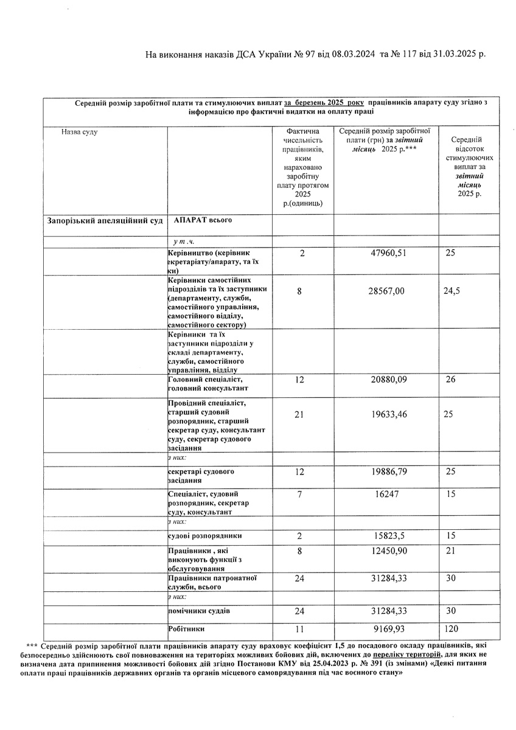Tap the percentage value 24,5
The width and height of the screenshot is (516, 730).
(451, 291)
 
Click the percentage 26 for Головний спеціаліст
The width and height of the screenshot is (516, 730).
(451, 380)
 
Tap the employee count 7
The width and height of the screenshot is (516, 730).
(299, 495)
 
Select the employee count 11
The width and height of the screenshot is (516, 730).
(299, 629)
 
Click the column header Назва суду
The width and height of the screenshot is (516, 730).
(79, 131)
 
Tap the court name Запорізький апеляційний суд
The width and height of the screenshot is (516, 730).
(105, 220)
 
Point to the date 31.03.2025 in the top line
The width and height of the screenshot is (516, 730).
(458, 54)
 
